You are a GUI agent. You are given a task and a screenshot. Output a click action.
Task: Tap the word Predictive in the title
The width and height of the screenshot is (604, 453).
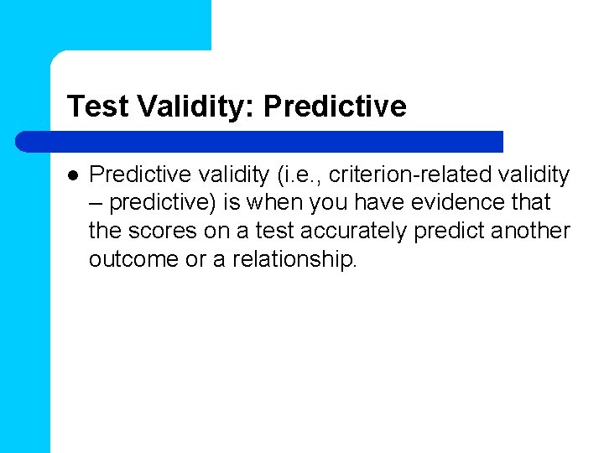[335, 107]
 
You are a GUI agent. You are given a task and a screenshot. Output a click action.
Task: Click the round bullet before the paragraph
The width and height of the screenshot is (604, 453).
[73, 175]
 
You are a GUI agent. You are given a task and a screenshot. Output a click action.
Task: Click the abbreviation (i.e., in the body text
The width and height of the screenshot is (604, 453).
[298, 174]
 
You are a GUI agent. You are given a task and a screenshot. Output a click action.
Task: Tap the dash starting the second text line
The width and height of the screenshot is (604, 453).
[96, 203]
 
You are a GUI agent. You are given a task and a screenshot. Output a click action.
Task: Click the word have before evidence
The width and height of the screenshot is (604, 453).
[384, 203]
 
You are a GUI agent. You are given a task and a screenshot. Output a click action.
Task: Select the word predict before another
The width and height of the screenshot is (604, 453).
[440, 232]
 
